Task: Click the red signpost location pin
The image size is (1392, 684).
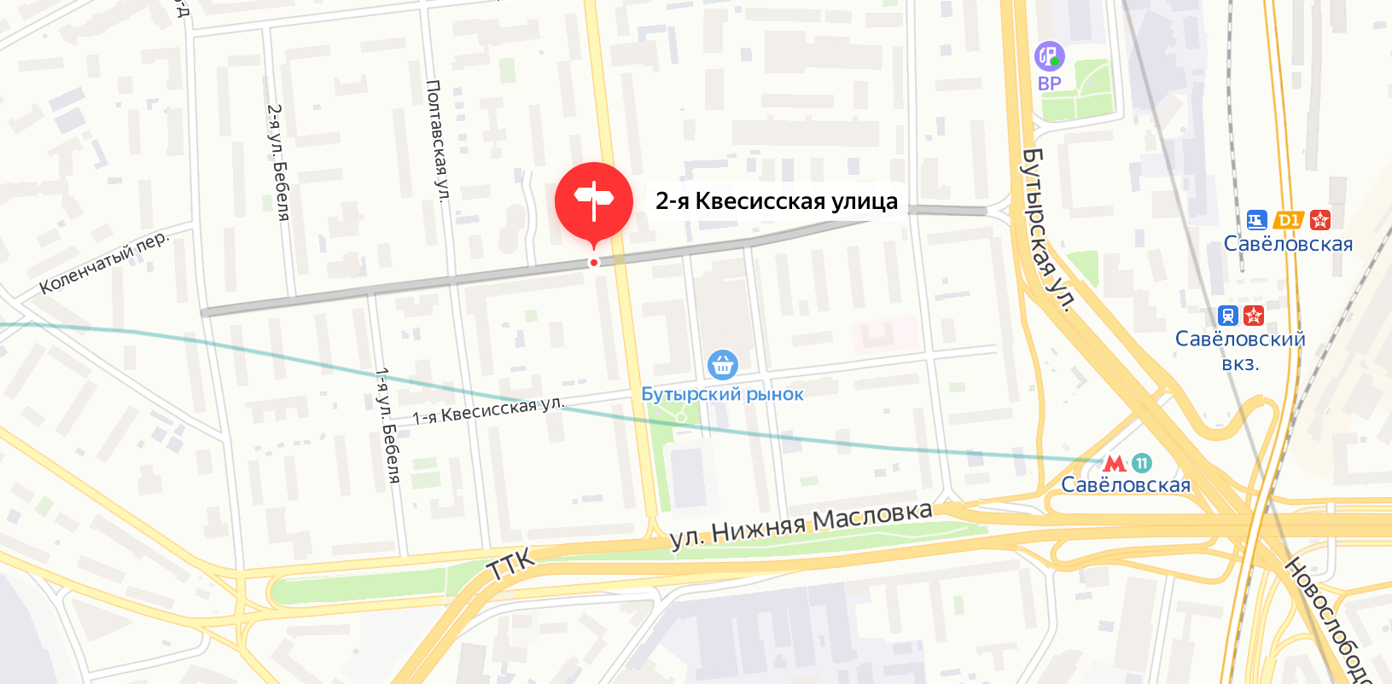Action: [594, 200]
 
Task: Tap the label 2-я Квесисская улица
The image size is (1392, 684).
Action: [776, 201]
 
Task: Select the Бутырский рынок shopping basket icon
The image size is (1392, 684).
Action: [723, 364]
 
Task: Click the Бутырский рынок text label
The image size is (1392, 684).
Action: [722, 394]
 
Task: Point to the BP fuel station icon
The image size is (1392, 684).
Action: [1049, 56]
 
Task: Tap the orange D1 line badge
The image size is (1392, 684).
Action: [1288, 220]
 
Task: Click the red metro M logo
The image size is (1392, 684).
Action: [1115, 463]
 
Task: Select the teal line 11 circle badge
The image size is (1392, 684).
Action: [1142, 463]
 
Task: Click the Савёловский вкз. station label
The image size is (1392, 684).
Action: [1240, 351]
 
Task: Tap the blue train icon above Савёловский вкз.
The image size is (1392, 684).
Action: [1228, 316]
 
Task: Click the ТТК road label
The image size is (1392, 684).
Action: [511, 564]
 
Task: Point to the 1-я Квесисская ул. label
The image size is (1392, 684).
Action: [488, 410]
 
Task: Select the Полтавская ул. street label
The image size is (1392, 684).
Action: [436, 141]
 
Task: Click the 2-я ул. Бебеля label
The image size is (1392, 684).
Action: [278, 162]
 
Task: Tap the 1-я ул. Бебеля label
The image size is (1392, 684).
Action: [387, 426]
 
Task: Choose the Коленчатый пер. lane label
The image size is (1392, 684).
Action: [104, 262]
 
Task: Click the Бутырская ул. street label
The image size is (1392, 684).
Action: [1047, 229]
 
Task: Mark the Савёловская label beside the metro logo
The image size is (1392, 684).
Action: [1126, 485]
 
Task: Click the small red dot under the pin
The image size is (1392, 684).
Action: [594, 263]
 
